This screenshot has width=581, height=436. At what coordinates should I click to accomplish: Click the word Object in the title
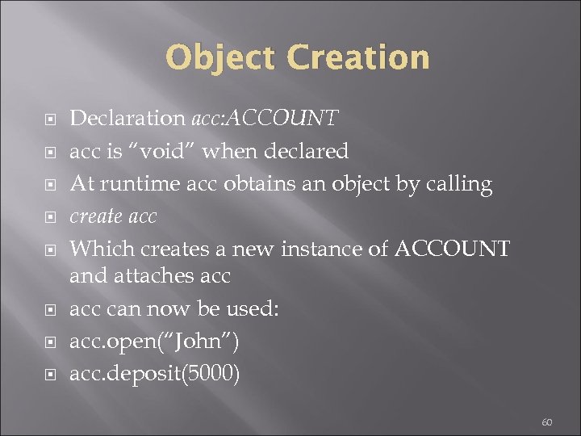(219, 58)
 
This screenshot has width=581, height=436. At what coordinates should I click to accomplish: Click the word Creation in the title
(358, 58)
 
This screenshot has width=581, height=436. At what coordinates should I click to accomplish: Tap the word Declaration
(127, 119)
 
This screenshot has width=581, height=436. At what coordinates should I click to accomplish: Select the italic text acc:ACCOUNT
(264, 119)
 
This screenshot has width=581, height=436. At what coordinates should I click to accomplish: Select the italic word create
(95, 216)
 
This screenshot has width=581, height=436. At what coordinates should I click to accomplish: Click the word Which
(97, 249)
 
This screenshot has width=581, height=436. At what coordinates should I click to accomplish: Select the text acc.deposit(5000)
(155, 375)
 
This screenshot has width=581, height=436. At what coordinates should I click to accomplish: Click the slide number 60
(546, 421)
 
